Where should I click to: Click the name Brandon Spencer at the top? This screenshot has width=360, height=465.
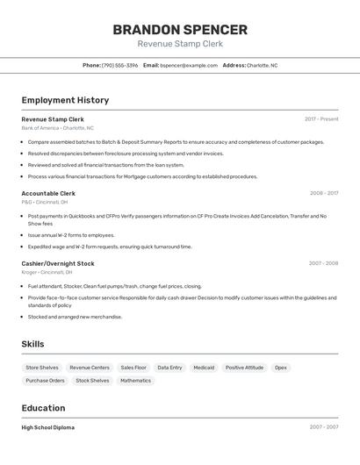point(180,29)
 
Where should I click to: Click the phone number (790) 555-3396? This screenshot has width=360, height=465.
point(119,65)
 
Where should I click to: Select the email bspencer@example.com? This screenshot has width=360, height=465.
point(189,65)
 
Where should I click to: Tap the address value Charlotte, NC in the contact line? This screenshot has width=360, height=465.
point(262,65)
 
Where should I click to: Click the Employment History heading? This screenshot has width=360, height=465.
point(65,100)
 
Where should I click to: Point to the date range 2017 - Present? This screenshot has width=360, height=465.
point(321,118)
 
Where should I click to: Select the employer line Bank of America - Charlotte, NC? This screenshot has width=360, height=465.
point(57,128)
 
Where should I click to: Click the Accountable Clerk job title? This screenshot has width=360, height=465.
point(48,193)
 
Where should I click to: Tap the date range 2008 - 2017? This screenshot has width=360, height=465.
point(323,193)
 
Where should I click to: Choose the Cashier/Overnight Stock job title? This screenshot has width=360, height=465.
point(58,263)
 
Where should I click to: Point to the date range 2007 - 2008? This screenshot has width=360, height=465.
point(323,263)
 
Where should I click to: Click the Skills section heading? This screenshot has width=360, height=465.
point(32,344)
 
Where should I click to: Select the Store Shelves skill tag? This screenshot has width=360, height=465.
point(42,368)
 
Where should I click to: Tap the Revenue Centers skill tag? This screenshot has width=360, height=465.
point(90,368)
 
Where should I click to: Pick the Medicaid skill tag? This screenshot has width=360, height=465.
point(204,368)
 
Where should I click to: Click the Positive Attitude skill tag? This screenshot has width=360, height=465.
point(244,368)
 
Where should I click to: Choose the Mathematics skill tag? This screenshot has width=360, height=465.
point(136,381)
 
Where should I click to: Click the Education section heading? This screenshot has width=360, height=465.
point(43,408)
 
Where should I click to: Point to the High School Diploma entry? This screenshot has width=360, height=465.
point(48,427)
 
